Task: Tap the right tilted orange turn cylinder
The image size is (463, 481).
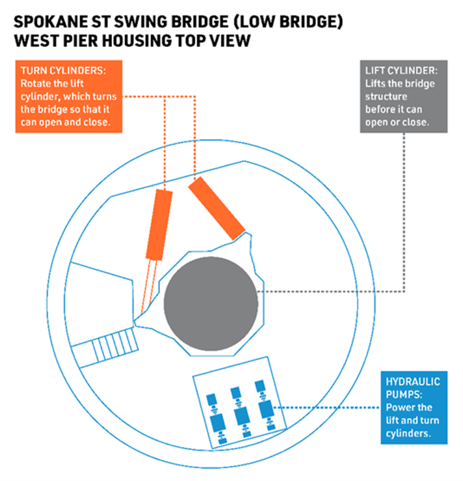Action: pyautogui.click(x=216, y=207)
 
